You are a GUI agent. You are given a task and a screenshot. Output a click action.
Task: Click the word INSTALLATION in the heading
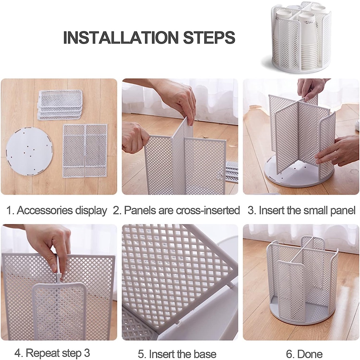(x=121, y=37)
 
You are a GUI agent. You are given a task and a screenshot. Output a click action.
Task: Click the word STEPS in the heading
(x=209, y=37)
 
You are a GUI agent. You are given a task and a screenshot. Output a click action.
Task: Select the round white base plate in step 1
(x=30, y=151)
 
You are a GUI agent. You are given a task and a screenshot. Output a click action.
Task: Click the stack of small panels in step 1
(x=60, y=105)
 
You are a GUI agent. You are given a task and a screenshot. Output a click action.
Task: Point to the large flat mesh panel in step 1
(x=85, y=150)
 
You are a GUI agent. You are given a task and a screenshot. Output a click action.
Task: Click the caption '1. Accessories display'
(x=57, y=210)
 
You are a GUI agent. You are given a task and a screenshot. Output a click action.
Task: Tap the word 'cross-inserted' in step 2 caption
(x=208, y=210)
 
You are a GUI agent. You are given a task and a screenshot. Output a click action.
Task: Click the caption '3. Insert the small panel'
(x=301, y=210)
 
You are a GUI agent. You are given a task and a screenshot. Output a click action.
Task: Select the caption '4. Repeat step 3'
(x=52, y=353)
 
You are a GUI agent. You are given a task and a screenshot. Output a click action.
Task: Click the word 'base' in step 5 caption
(x=205, y=354)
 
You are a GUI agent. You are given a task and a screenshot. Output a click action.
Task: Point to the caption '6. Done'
(x=304, y=354)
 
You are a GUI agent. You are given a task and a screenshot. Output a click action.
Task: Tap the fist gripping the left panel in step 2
(x=134, y=138)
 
